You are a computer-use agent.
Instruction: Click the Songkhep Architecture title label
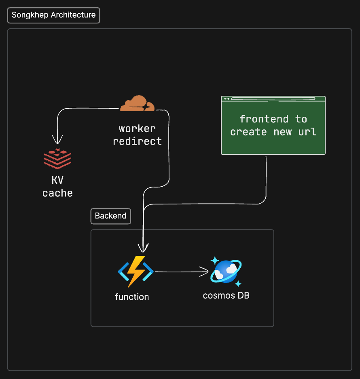[53, 15]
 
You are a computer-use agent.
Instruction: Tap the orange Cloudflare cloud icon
[138, 104]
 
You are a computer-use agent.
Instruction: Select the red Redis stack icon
[57, 158]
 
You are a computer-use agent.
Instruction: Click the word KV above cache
[57, 180]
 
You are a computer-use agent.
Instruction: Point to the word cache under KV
[57, 193]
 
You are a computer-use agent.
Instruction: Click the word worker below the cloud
[137, 129]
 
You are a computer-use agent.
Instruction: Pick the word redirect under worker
[137, 141]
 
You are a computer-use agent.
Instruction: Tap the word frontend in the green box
[264, 119]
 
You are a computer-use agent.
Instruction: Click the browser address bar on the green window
[277, 99]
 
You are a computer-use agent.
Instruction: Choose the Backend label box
[110, 216]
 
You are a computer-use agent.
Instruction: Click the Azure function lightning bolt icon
[136, 271]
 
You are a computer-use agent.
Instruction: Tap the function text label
[132, 297]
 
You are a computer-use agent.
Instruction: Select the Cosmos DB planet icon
[226, 271]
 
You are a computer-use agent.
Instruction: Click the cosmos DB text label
[226, 295]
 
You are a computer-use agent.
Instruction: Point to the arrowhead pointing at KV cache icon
[58, 140]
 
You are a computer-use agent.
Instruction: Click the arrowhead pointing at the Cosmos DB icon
[205, 272]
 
